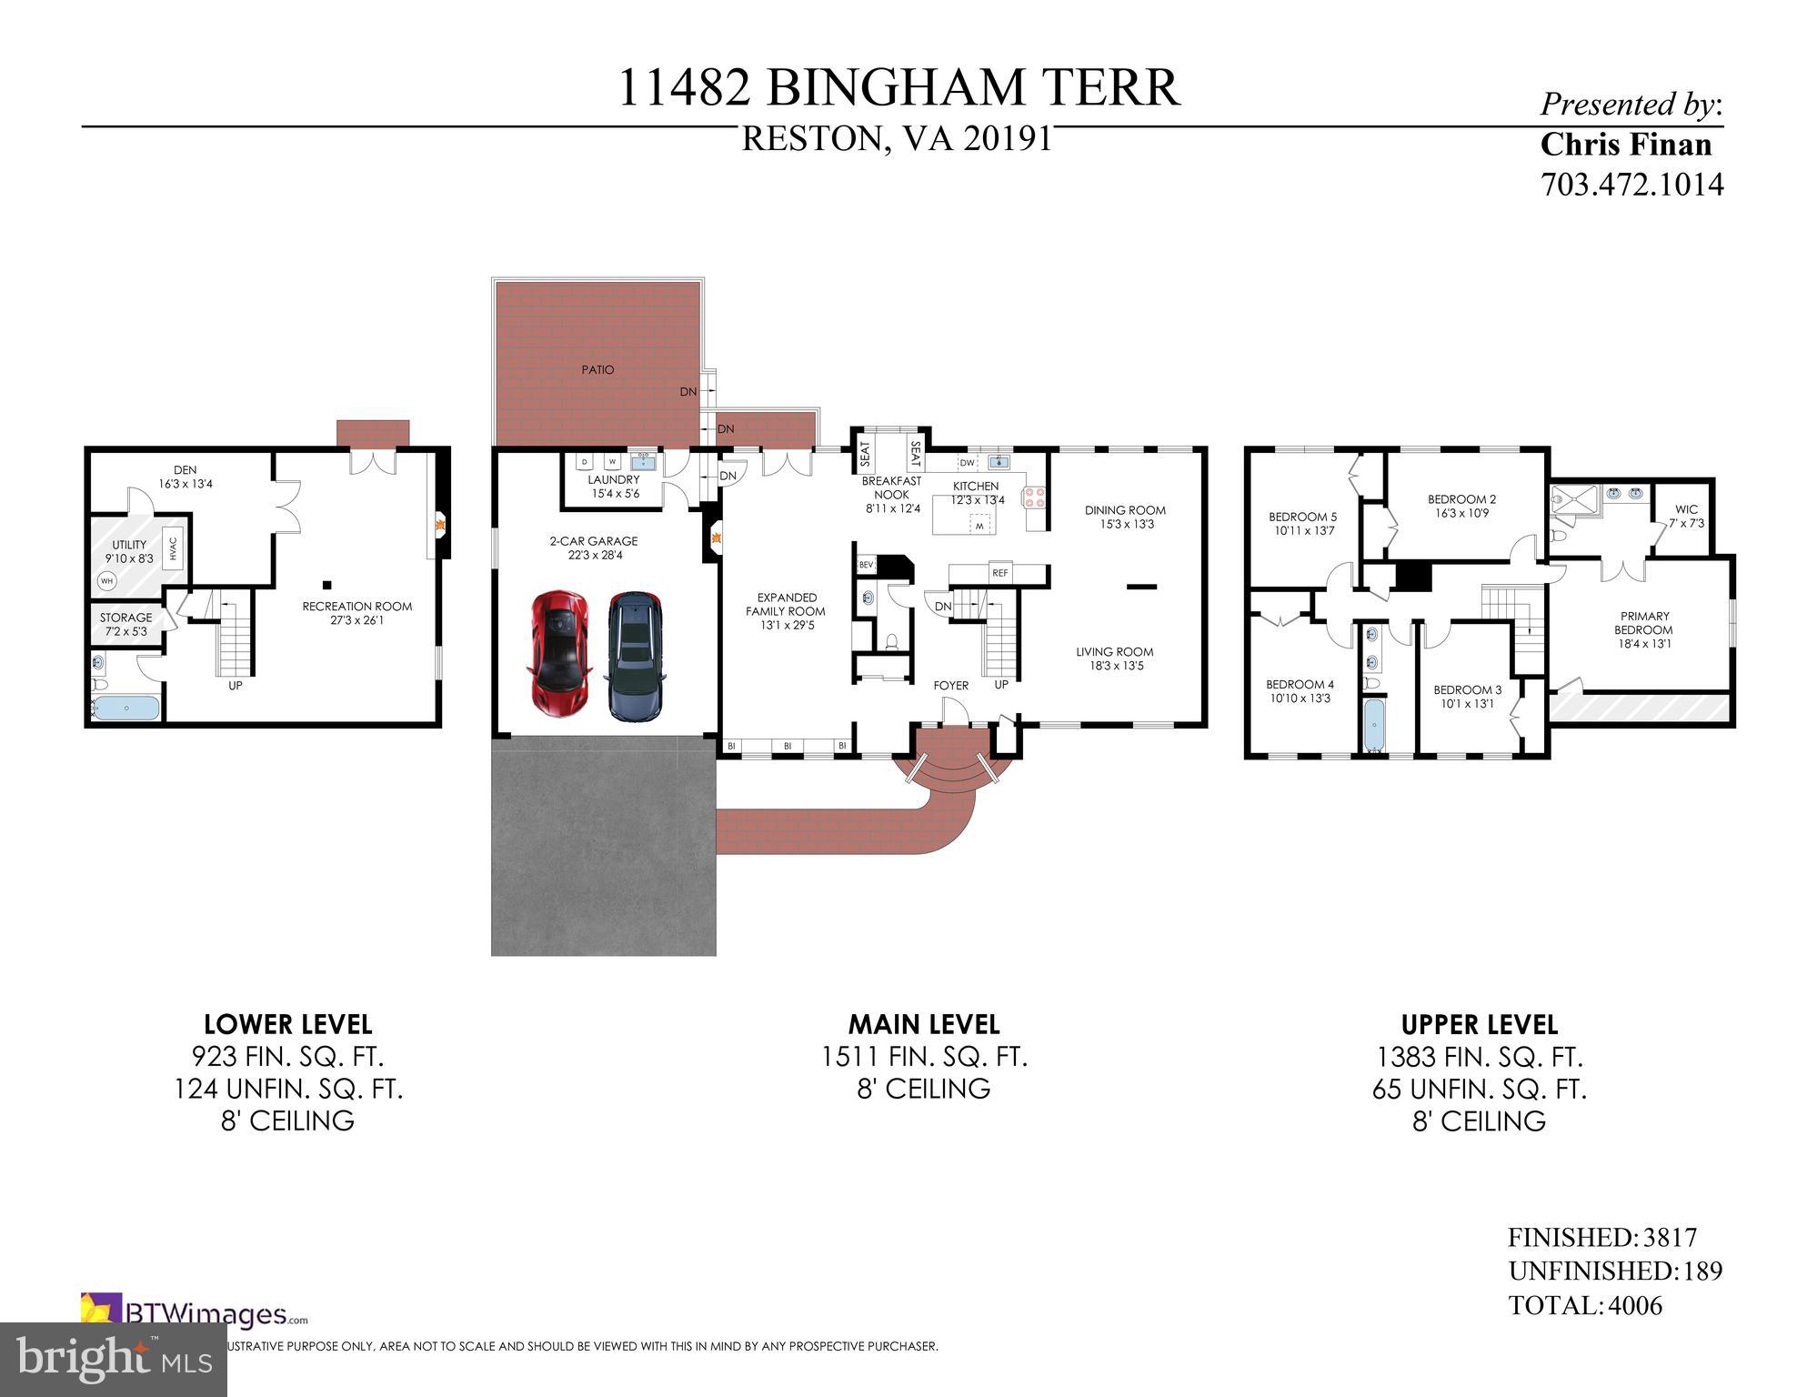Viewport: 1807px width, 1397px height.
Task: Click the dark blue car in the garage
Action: (x=635, y=655)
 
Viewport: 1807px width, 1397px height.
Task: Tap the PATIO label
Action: (x=597, y=369)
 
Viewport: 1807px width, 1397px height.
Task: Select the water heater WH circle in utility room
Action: (x=107, y=580)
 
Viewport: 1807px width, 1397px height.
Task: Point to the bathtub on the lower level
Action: (x=127, y=709)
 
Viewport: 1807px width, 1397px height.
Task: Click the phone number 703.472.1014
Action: (x=1631, y=185)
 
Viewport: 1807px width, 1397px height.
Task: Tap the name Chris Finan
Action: (x=1625, y=145)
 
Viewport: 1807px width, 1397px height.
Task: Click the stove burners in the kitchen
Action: (x=1035, y=497)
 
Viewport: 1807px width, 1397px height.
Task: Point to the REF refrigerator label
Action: (x=1000, y=573)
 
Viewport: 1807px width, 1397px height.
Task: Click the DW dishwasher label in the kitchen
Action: (x=967, y=462)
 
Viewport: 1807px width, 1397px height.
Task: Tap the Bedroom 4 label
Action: (x=1300, y=691)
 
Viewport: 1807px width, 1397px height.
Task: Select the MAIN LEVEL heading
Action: (x=923, y=1024)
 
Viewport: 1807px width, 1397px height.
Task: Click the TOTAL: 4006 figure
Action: (x=1584, y=1305)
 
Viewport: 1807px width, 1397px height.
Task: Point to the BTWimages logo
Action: (x=196, y=1313)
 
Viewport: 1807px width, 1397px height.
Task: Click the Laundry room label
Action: (x=613, y=486)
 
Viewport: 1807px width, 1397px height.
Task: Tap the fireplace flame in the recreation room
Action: (x=439, y=524)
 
